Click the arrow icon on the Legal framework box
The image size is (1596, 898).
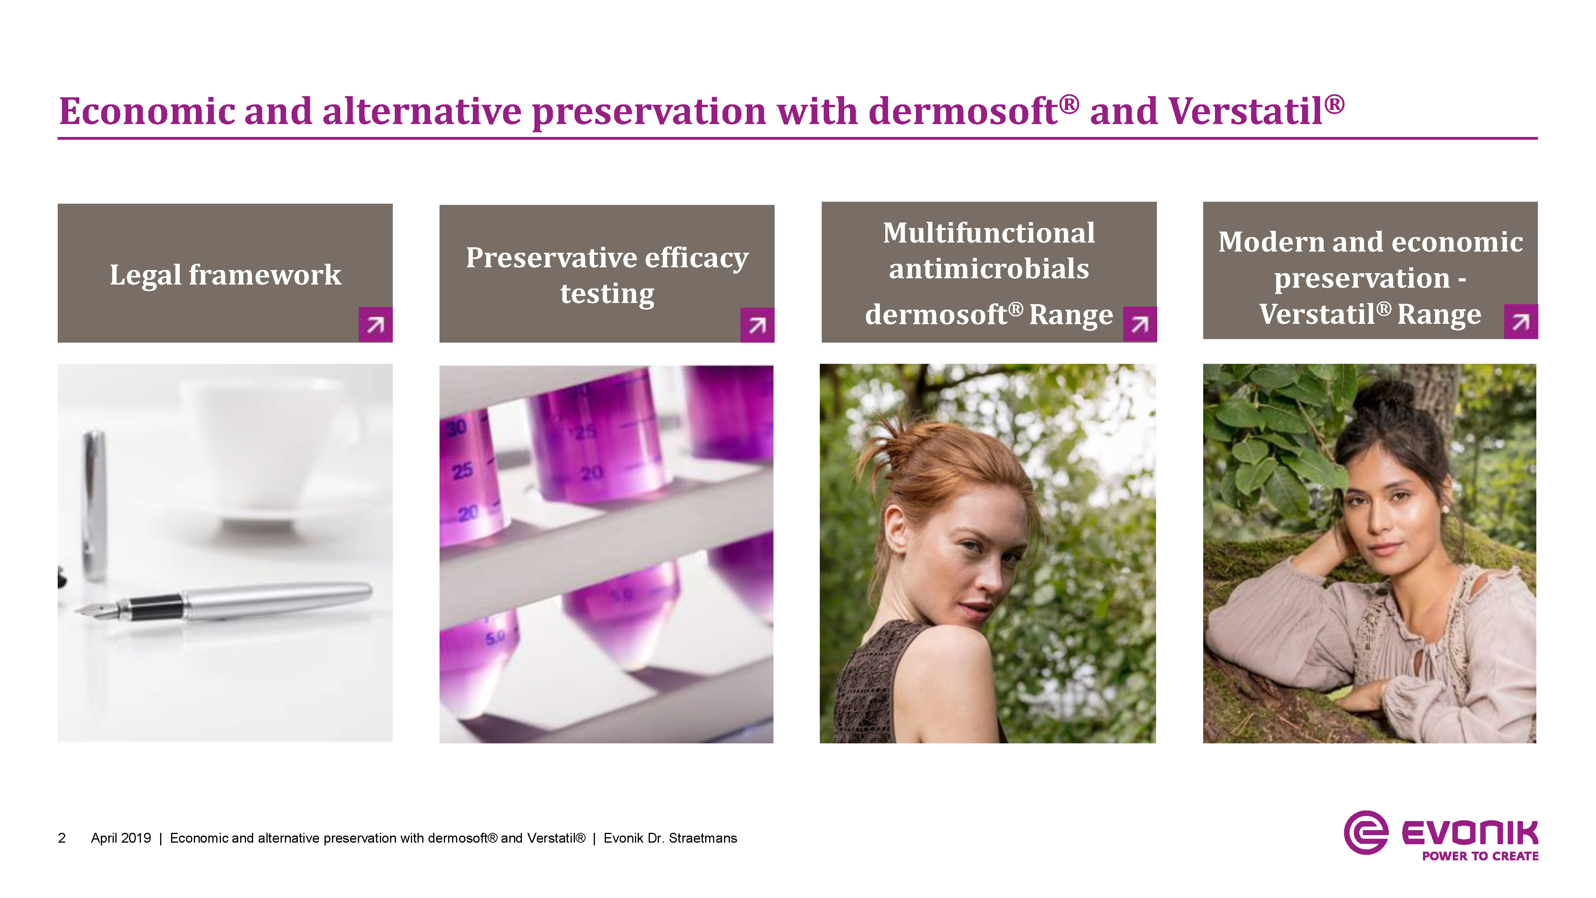pyautogui.click(x=376, y=324)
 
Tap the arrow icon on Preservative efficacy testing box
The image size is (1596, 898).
pyautogui.click(x=757, y=325)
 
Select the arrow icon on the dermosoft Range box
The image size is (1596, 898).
pyautogui.click(x=1139, y=324)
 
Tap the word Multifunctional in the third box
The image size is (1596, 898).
pyautogui.click(x=989, y=233)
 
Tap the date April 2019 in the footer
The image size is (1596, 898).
pyautogui.click(x=121, y=838)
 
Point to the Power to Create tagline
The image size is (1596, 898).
pyautogui.click(x=1480, y=856)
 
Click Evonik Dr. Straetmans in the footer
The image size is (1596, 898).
pyautogui.click(x=670, y=838)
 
